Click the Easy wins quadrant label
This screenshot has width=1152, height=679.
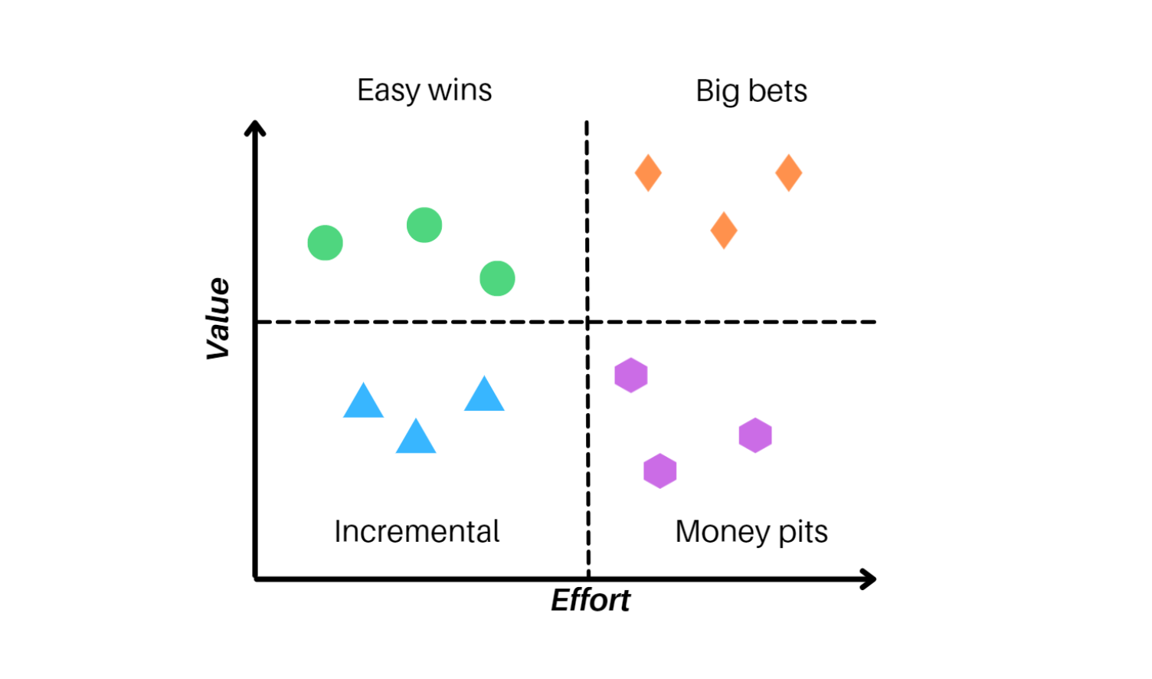click(x=424, y=90)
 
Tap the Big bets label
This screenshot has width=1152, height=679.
click(x=751, y=91)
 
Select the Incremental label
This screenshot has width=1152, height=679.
click(x=417, y=531)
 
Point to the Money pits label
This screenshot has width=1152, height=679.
click(x=751, y=531)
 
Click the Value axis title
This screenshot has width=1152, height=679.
click(x=218, y=318)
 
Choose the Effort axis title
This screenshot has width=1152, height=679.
click(x=591, y=600)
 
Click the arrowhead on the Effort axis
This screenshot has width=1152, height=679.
click(x=869, y=579)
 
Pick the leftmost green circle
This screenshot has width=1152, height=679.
click(x=325, y=243)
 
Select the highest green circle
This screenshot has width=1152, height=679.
click(x=424, y=225)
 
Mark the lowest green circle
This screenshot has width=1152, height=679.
click(x=497, y=278)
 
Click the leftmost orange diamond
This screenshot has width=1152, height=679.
click(x=648, y=172)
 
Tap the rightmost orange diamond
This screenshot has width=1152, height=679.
click(x=788, y=172)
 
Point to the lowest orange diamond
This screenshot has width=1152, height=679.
click(x=724, y=230)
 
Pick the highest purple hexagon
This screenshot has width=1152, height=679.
click(x=631, y=376)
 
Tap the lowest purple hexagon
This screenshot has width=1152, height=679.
click(x=660, y=471)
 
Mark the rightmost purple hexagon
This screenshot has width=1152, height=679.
click(x=755, y=435)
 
